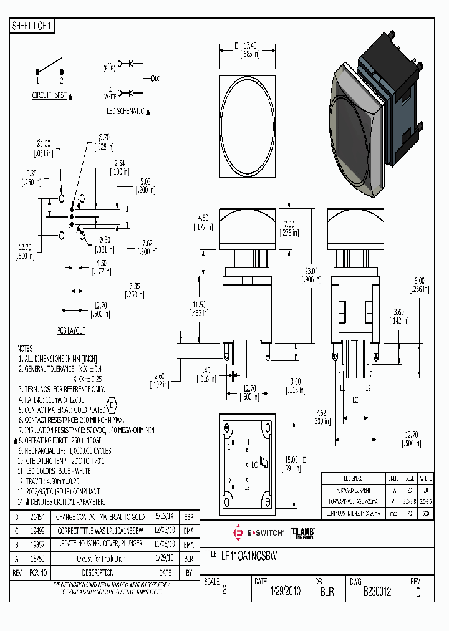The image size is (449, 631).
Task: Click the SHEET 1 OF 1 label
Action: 33,26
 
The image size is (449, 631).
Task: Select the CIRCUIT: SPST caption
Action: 50,95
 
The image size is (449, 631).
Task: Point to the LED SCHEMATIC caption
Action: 125,111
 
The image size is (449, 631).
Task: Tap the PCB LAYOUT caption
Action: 72,330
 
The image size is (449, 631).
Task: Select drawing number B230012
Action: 377,592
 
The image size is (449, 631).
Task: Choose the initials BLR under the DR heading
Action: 326,592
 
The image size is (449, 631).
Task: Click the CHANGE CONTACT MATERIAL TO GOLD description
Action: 100,517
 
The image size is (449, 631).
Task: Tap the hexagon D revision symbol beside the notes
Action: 112,405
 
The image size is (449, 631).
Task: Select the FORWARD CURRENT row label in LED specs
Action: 344,489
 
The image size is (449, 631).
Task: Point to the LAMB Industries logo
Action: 305,533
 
